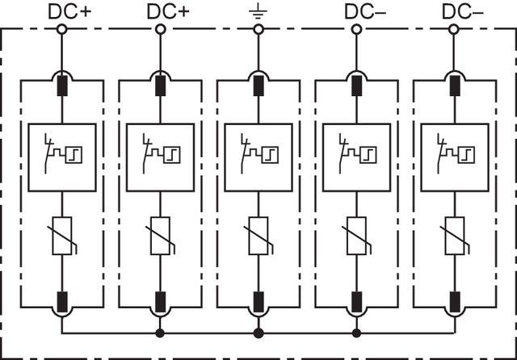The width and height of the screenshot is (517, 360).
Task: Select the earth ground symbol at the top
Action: tap(258, 11)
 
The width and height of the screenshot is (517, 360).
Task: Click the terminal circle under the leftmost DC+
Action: tap(61, 30)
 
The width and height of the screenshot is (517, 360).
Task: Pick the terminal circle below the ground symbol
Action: tap(258, 30)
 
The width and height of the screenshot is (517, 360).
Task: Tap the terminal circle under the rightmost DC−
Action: tap(455, 30)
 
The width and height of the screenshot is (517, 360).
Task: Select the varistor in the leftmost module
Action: tap(61, 235)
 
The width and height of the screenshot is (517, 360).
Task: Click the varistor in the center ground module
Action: tap(258, 235)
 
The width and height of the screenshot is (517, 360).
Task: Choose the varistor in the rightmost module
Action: tap(455, 235)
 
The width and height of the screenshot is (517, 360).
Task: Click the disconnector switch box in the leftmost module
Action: tap(61, 157)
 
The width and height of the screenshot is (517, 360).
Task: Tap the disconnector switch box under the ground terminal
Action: tap(258, 157)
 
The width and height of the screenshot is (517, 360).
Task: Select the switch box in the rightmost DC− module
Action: tap(455, 157)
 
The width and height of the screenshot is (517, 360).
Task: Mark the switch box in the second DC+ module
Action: tap(160, 157)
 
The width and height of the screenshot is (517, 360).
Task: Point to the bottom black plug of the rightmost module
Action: tap(455, 302)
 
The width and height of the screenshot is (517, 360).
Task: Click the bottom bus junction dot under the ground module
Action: tap(258, 333)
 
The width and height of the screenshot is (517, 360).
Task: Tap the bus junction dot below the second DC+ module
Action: tap(160, 333)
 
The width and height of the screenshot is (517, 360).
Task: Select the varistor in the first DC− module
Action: tap(356, 235)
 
